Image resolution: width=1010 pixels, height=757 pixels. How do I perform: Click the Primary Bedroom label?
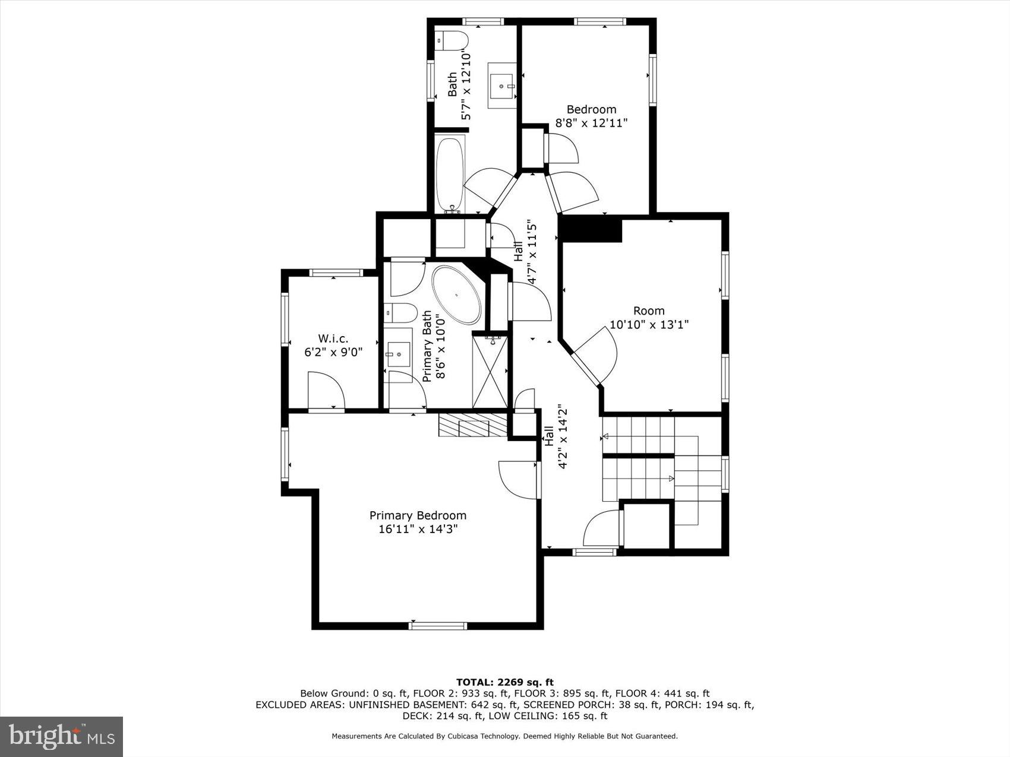point(418,515)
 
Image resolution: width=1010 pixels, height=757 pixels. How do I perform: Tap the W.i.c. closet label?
point(333,338)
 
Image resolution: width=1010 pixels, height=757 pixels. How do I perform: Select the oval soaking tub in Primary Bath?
point(456,295)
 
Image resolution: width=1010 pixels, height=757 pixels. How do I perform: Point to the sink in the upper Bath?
point(502,86)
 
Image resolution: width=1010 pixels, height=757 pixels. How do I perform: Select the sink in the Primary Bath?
point(398,354)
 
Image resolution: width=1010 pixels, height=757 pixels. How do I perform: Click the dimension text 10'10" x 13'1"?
point(649,325)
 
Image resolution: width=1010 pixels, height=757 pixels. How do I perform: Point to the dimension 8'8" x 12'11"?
point(591,123)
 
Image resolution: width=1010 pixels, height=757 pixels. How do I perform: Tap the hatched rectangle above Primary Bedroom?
point(473,425)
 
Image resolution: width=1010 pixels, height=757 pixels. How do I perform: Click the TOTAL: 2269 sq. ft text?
point(504,682)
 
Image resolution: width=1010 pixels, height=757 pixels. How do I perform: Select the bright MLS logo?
point(62,736)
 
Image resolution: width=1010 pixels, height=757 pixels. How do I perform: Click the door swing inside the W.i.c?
point(326,390)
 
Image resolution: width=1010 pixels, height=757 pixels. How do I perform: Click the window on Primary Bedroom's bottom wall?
point(438,625)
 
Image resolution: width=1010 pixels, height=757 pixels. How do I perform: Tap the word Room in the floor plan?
point(649,311)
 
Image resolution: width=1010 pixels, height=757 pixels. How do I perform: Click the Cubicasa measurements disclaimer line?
point(504,736)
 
